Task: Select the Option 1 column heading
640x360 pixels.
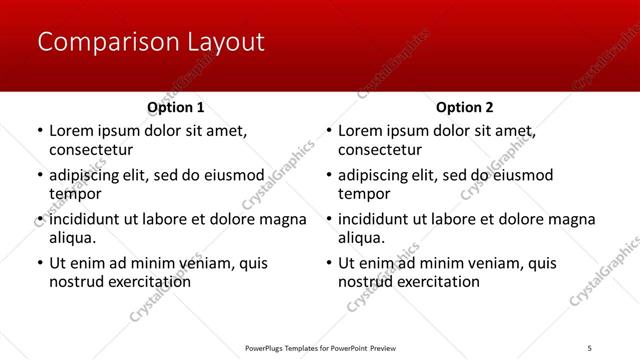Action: (x=176, y=107)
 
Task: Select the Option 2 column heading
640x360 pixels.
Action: (x=465, y=107)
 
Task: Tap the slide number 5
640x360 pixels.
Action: (x=590, y=347)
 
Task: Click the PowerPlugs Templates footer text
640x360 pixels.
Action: (x=320, y=347)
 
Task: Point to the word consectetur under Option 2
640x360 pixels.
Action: (x=380, y=150)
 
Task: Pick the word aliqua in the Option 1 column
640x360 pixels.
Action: (x=72, y=238)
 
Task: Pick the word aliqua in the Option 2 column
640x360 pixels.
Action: (x=361, y=238)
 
